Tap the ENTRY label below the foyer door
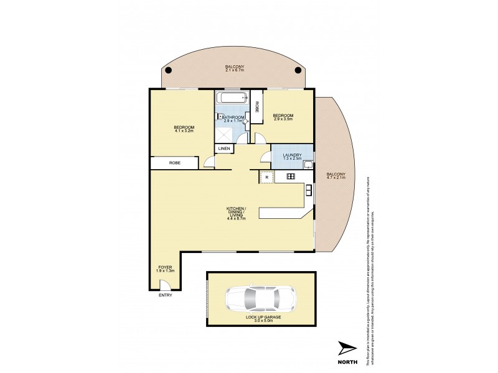(165, 295)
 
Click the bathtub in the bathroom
(232, 99)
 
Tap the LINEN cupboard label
(224, 149)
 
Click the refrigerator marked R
(266, 177)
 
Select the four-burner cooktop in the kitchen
(290, 177)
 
